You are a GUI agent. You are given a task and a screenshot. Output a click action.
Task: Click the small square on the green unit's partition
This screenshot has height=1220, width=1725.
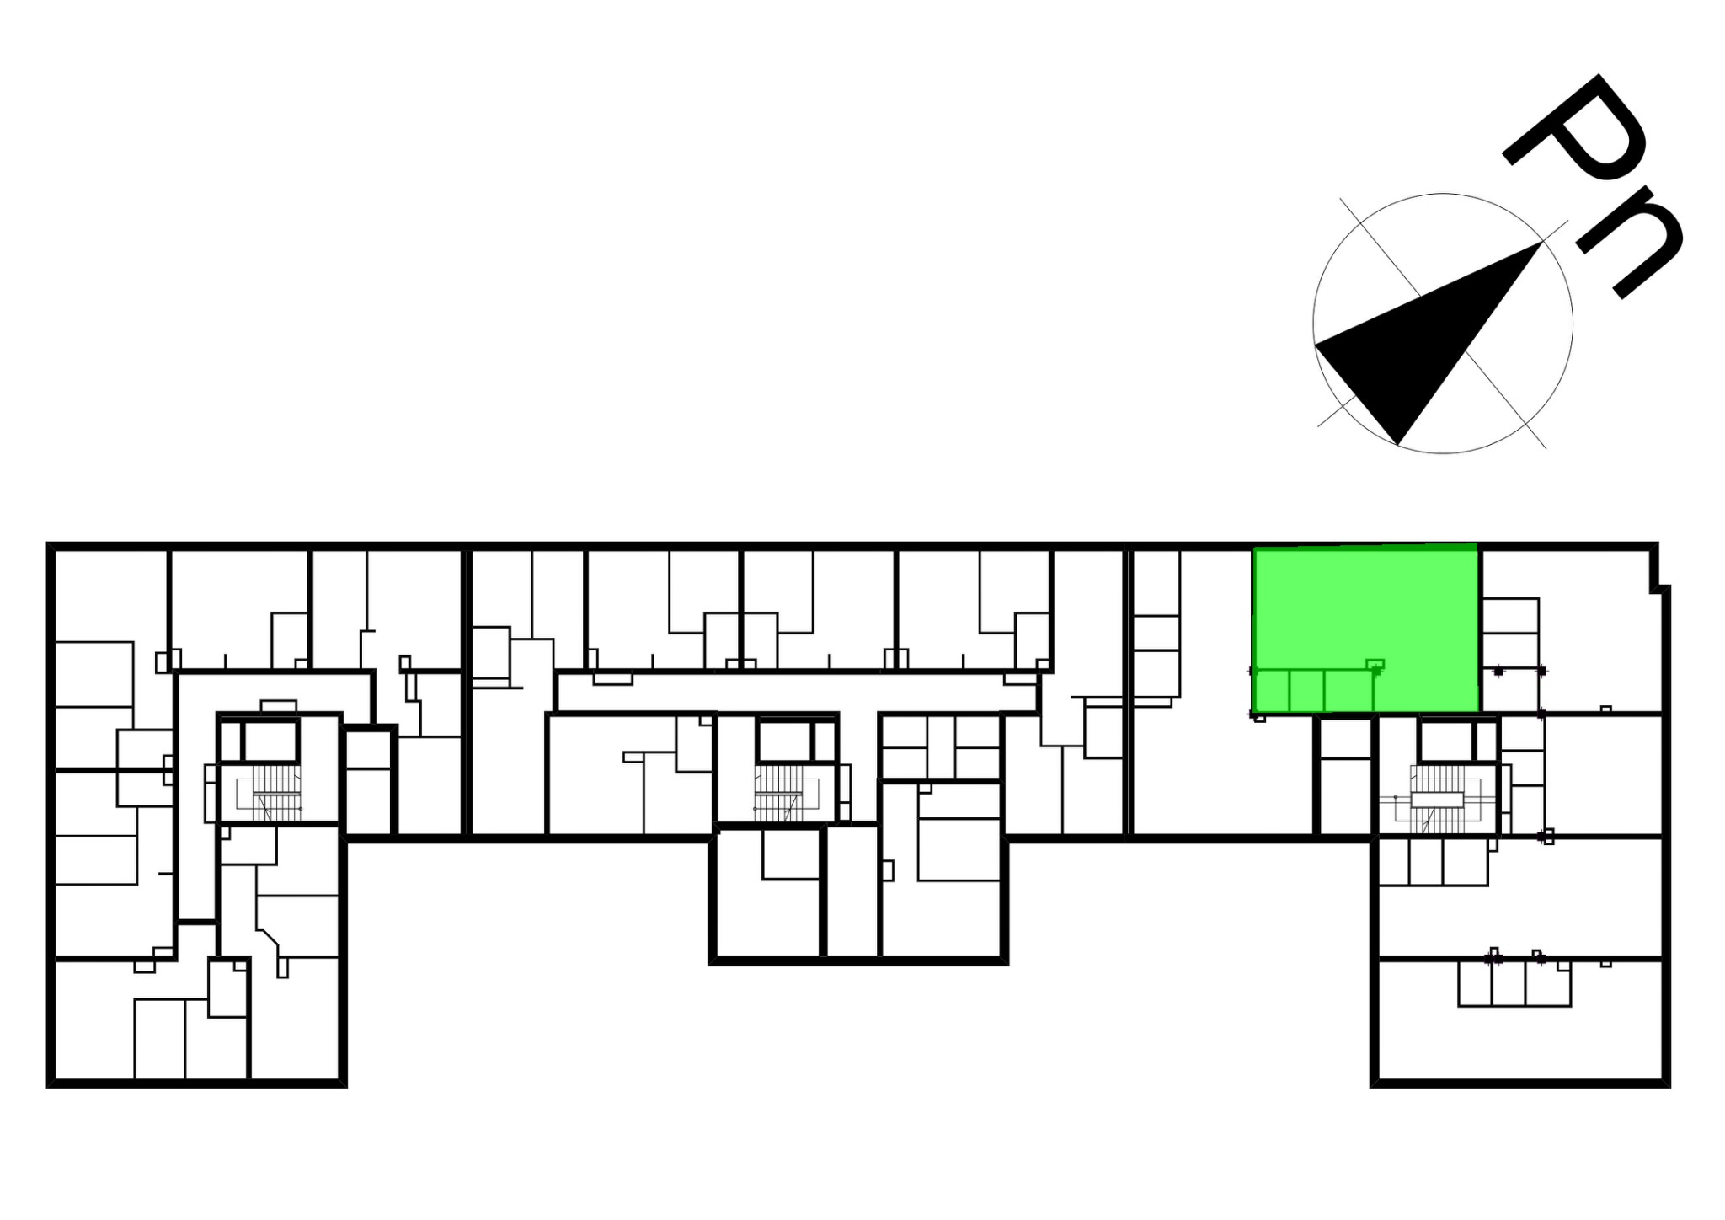pyautogui.click(x=1375, y=664)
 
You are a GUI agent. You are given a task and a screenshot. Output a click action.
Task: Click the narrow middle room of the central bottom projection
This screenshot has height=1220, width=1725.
pyautogui.click(x=852, y=892)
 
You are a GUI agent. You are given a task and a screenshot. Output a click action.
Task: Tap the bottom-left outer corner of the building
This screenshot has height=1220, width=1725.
pyautogui.click(x=50, y=1084)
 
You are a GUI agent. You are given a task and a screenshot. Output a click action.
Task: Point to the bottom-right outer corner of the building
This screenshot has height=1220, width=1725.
pyautogui.click(x=1667, y=1084)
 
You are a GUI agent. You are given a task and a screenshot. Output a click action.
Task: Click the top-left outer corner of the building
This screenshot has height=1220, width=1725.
pyautogui.click(x=50, y=545)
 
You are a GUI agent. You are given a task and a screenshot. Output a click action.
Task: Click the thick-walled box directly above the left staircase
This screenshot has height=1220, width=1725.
pyautogui.click(x=271, y=741)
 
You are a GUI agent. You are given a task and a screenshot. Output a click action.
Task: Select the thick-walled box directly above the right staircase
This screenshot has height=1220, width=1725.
pyautogui.click(x=1445, y=741)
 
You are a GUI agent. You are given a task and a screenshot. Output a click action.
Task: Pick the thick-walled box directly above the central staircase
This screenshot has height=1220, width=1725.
pyautogui.click(x=783, y=741)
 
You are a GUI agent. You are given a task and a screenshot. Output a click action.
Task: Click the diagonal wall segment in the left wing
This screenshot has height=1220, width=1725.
pyautogui.click(x=270, y=938)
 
